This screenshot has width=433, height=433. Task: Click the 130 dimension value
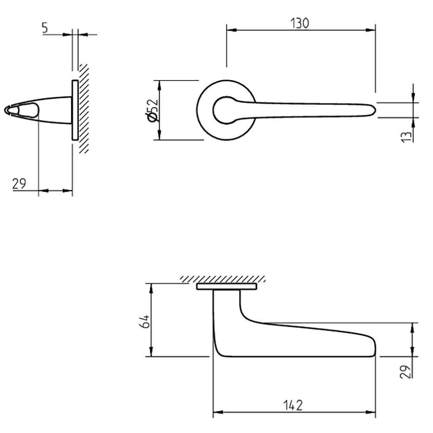[x=300, y=23]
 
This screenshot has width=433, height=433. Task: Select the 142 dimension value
[x=294, y=405]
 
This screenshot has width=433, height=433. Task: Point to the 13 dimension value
[x=406, y=136]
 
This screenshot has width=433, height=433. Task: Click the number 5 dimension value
[x=45, y=28]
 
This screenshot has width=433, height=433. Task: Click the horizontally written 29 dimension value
[x=19, y=184]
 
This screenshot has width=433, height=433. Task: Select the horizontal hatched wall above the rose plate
[x=223, y=279]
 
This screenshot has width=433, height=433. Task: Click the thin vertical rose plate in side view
[x=75, y=110]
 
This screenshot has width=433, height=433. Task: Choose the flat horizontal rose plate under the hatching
[x=226, y=286]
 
